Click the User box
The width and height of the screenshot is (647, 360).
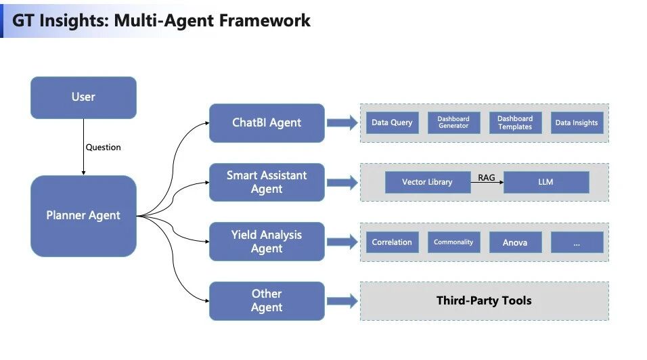(x=83, y=97)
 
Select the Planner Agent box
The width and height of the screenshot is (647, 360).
(x=83, y=216)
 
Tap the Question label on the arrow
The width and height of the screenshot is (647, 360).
(x=103, y=148)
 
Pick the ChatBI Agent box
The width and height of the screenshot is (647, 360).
(x=267, y=123)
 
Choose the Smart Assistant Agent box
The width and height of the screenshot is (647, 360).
(x=267, y=182)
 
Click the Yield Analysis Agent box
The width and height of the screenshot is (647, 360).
(x=267, y=242)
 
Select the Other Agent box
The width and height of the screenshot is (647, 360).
(x=267, y=300)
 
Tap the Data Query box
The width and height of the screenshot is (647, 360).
(x=392, y=123)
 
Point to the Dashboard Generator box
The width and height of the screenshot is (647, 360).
(x=453, y=123)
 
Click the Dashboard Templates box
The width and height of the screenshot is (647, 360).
(x=515, y=123)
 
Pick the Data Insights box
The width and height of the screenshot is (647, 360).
(x=577, y=123)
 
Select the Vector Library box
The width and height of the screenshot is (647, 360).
(x=427, y=183)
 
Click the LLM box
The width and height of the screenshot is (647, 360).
(x=546, y=183)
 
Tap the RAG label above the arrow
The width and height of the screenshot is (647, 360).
(x=487, y=177)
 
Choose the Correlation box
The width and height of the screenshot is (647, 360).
(x=392, y=242)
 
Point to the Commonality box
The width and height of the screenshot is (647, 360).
(x=453, y=242)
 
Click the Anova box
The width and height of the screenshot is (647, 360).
(x=515, y=242)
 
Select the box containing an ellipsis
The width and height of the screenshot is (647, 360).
(x=577, y=242)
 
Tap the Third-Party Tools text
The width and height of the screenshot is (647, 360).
(x=484, y=300)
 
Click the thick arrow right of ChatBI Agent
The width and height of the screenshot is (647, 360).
(x=342, y=123)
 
